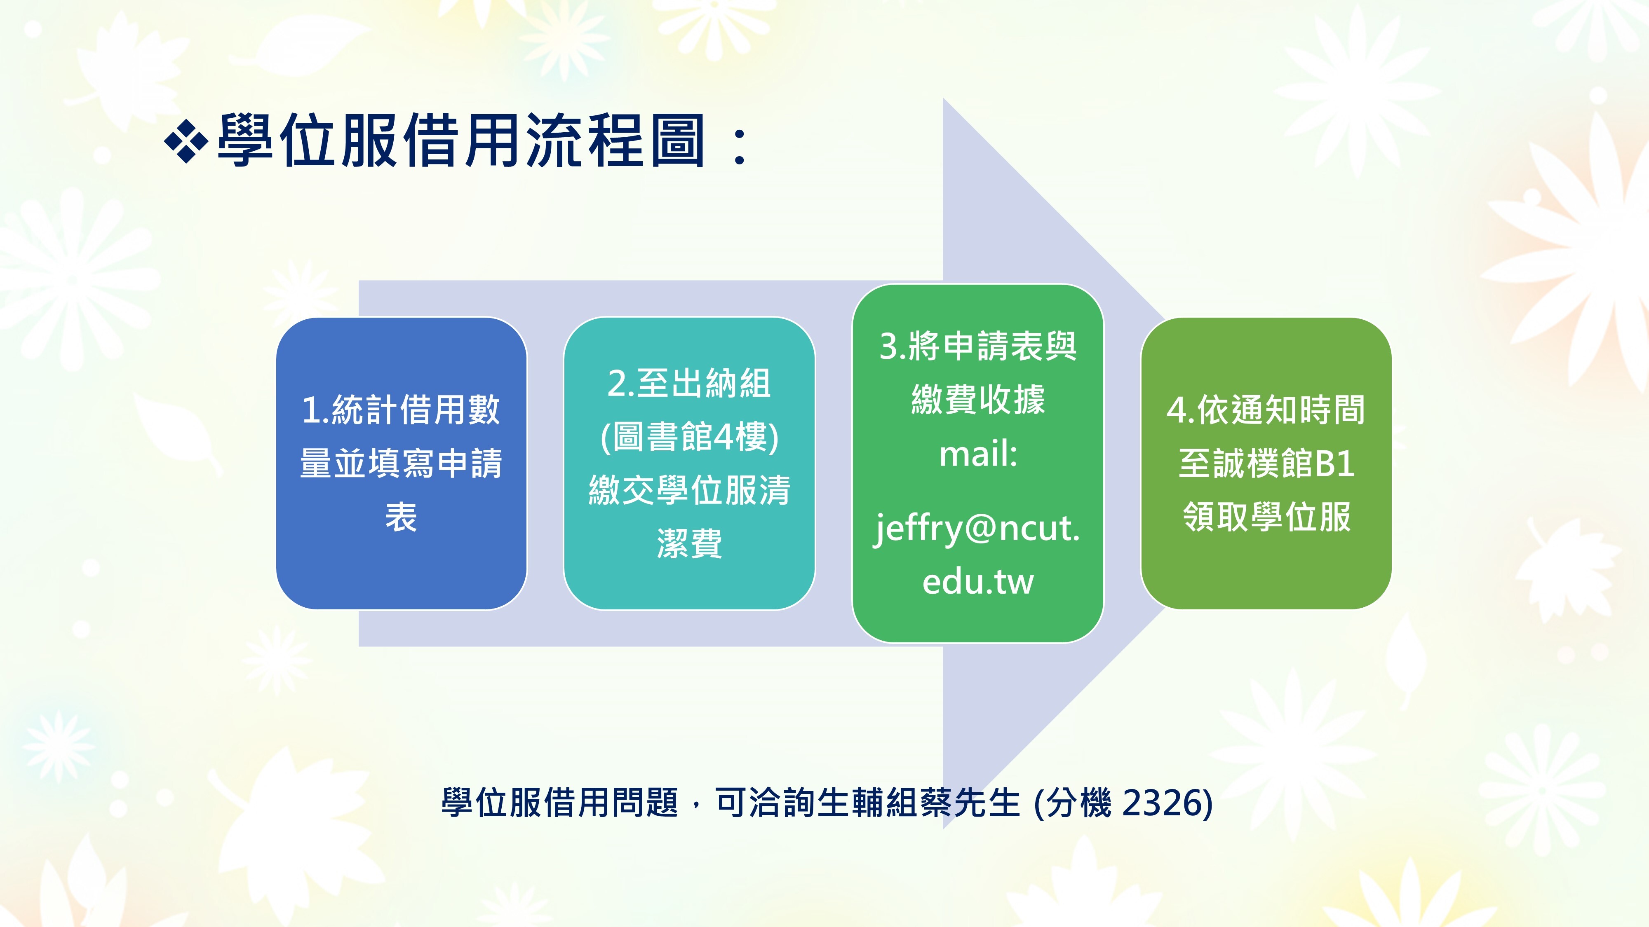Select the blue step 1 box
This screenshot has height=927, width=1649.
pos(402,463)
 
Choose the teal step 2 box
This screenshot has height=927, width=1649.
pos(689,463)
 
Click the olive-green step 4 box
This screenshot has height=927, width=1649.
pos(1266,463)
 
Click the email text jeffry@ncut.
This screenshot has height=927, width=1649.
pos(977,529)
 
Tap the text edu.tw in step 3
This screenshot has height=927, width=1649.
pos(978,581)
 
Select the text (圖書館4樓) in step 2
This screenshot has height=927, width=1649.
pos(689,438)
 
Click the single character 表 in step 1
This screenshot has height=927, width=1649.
pos(402,517)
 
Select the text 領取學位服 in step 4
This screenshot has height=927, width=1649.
pos(1266,517)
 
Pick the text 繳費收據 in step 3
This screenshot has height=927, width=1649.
pos(978,399)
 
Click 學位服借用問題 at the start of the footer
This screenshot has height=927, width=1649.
pos(559,802)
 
